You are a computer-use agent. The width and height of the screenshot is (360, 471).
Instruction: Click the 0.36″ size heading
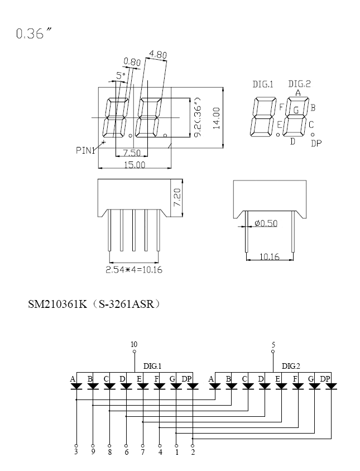point(33,33)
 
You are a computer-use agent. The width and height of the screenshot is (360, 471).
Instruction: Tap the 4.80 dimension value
point(158,55)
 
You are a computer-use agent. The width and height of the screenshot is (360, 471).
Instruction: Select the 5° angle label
point(121,75)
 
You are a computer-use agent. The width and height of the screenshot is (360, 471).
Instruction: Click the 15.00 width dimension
point(135,165)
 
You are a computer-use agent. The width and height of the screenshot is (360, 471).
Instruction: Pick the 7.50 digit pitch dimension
point(132,153)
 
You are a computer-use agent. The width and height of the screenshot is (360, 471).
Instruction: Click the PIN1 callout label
point(85,150)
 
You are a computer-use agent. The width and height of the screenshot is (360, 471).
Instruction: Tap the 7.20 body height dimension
point(177,197)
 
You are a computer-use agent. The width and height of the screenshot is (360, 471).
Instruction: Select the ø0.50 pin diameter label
point(266,223)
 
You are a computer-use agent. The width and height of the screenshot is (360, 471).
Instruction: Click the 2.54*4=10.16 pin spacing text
point(134,270)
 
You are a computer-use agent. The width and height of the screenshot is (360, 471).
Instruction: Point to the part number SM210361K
point(57,305)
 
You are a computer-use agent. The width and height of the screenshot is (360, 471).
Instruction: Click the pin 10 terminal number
point(134,344)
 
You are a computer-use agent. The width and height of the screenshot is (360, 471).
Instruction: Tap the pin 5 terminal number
point(273,345)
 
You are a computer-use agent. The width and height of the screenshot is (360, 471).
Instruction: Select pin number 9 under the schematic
point(93,451)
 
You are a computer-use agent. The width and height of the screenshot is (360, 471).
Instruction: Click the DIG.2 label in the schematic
point(291,366)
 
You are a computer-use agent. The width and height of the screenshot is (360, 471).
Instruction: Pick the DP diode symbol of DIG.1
point(193,386)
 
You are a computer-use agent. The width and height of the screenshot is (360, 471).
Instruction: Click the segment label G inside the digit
point(296,110)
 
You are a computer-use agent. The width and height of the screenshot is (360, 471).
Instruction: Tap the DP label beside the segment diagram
point(316,144)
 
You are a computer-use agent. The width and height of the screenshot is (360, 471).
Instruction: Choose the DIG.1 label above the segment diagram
point(263,84)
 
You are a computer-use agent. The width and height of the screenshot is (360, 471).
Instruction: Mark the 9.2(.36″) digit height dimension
point(197,117)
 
